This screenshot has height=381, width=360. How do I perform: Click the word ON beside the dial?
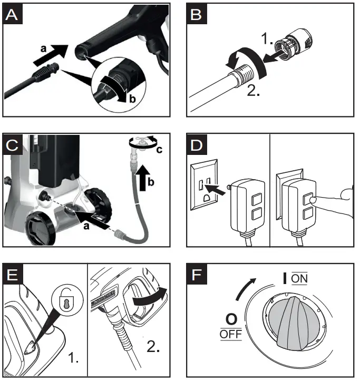299,278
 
